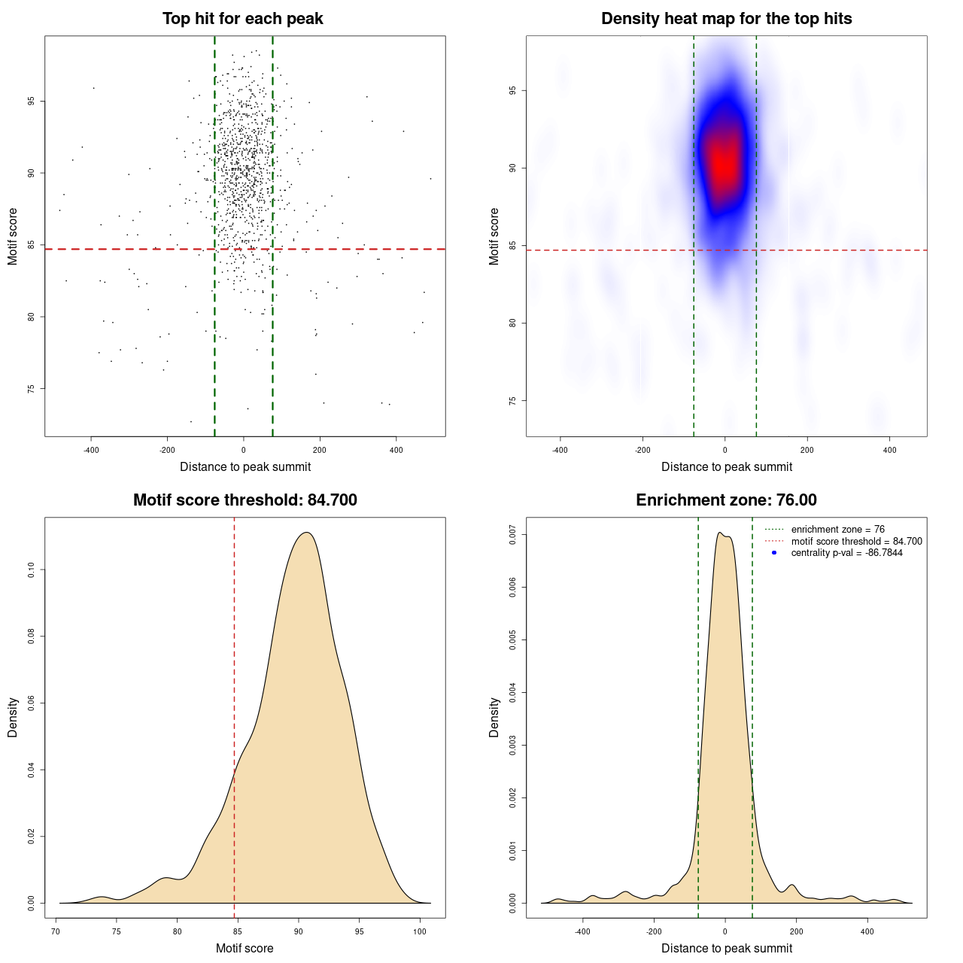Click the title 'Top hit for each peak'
[x=242, y=19]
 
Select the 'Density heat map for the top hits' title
[x=726, y=19]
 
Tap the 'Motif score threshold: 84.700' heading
[x=245, y=500]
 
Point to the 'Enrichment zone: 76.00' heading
[x=726, y=500]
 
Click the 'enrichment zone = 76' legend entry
[x=837, y=530]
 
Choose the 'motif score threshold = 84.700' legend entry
[x=856, y=542]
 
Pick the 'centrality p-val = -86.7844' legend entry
[x=846, y=553]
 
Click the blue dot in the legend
[x=774, y=553]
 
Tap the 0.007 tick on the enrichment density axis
[x=513, y=535]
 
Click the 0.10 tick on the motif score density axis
[x=32, y=570]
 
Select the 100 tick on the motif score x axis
[x=420, y=931]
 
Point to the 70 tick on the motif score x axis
[x=56, y=931]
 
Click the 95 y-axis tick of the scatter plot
[x=32, y=101]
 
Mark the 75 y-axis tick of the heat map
[x=513, y=401]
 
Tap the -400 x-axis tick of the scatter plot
[x=91, y=450]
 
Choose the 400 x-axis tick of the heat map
[x=889, y=450]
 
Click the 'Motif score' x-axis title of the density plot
[x=245, y=948]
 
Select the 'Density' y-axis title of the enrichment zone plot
[x=494, y=717]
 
